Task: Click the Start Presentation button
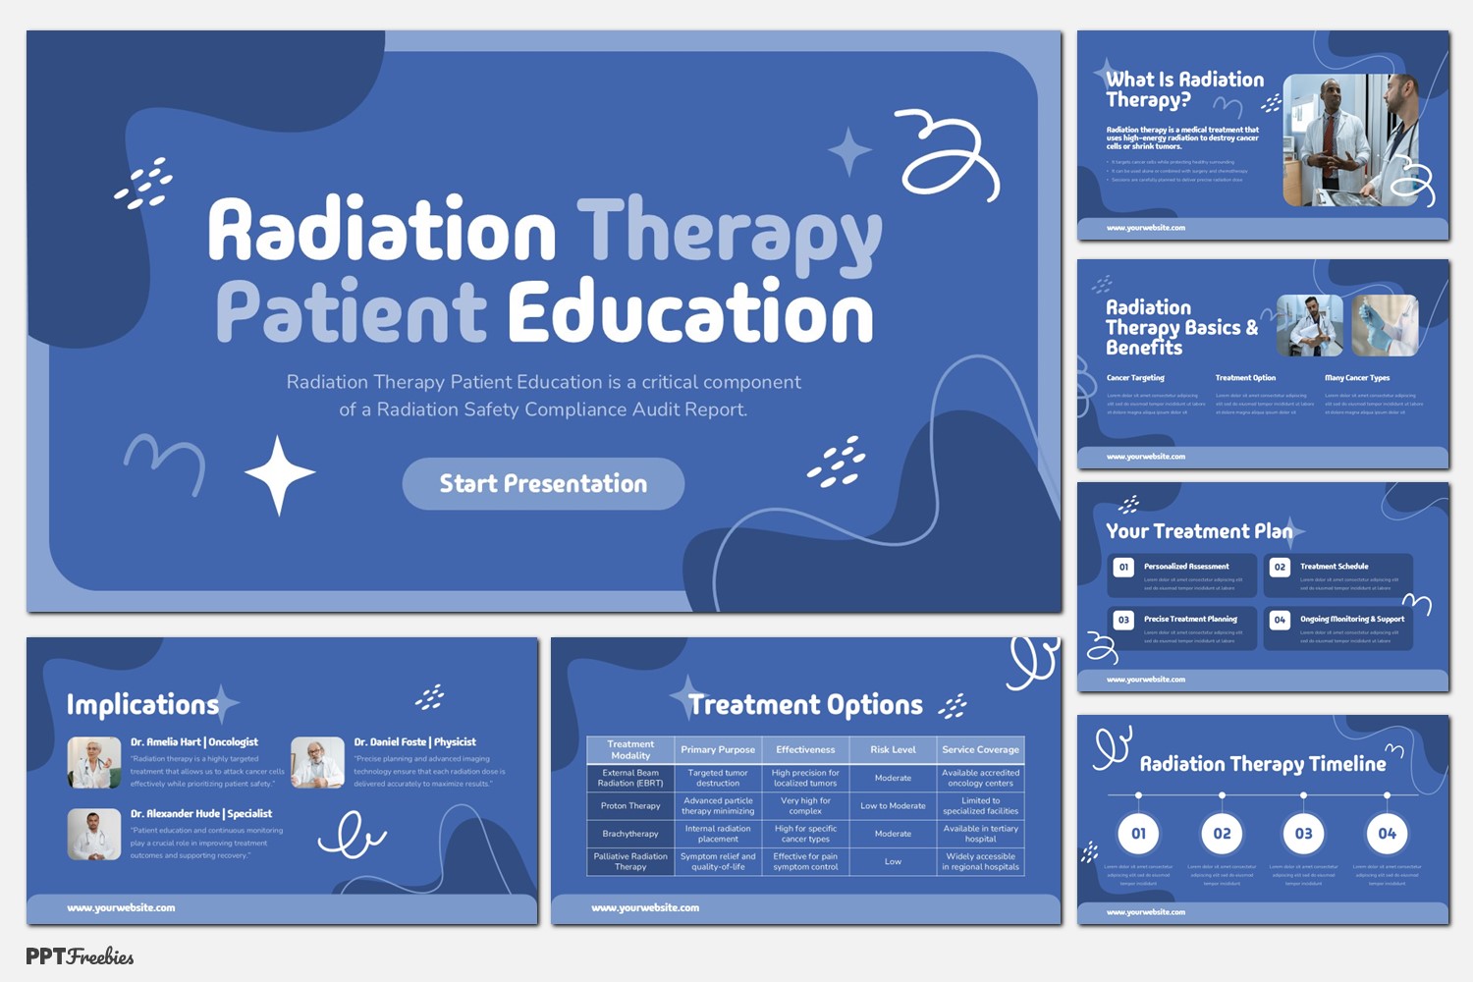(543, 483)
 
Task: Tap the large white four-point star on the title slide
(280, 474)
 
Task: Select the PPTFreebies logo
(80, 956)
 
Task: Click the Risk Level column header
(893, 749)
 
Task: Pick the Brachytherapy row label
(630, 834)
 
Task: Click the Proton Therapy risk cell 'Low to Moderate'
(893, 806)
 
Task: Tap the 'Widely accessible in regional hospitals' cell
(980, 861)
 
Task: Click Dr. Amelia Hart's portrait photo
(94, 763)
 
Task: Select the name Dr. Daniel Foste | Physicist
(414, 742)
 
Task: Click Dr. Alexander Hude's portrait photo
(94, 835)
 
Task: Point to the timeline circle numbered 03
(1303, 834)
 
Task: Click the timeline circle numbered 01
(1138, 834)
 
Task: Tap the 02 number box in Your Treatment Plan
(1280, 567)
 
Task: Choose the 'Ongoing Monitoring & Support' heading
(1352, 620)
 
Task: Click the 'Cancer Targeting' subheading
(1135, 378)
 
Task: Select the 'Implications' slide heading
(142, 705)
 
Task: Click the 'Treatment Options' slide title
(805, 705)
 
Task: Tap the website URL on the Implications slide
(121, 908)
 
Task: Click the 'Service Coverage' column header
(980, 749)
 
